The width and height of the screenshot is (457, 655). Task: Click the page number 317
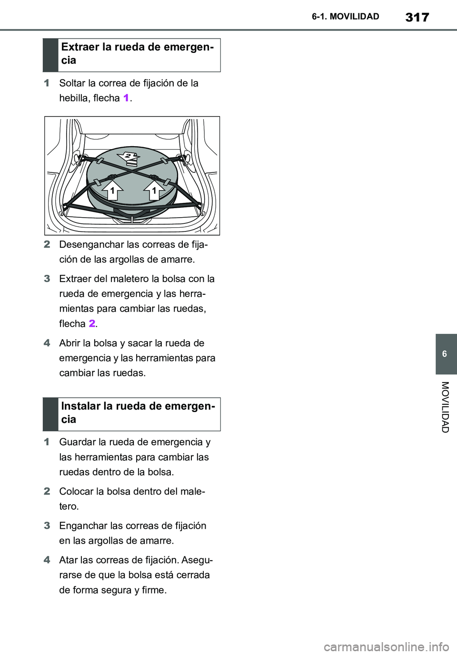(x=417, y=17)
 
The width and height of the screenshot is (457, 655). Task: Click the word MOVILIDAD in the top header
(x=354, y=17)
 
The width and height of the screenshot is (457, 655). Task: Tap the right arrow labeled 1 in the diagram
(x=154, y=189)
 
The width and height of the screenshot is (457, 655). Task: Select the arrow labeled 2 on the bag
(x=129, y=157)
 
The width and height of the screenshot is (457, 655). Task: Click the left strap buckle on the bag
(x=97, y=182)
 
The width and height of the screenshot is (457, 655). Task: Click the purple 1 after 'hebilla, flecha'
(x=126, y=98)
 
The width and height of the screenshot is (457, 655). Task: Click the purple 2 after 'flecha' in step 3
(x=92, y=324)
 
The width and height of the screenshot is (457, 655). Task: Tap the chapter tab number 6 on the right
(x=445, y=354)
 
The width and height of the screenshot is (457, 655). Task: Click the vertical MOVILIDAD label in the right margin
(x=445, y=407)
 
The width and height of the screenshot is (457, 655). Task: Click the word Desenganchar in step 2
(x=83, y=244)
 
